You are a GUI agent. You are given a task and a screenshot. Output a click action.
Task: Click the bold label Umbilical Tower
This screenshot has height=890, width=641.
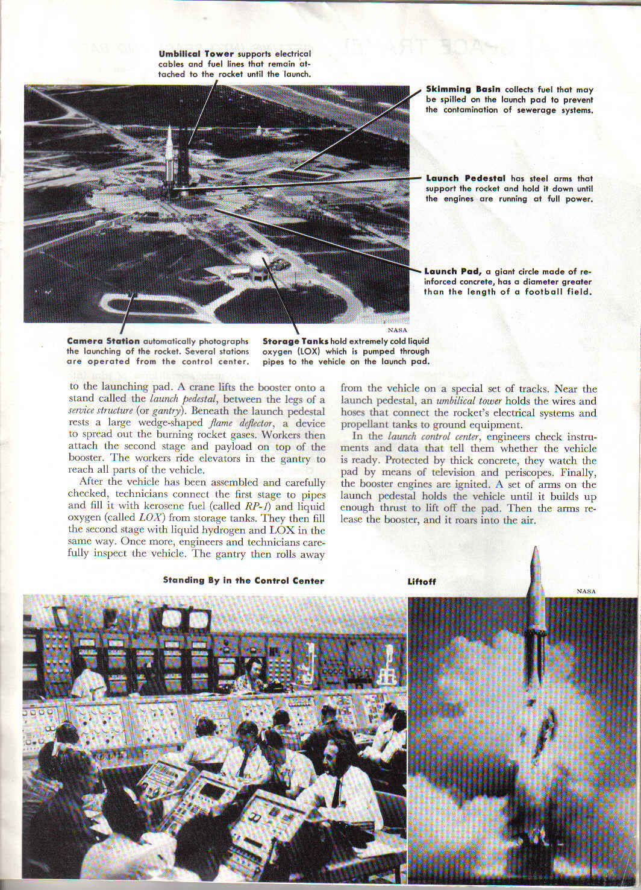(x=196, y=54)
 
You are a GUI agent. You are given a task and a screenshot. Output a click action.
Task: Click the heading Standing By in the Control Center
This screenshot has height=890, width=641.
(x=243, y=581)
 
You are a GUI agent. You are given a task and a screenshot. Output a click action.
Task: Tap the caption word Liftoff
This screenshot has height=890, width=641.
(x=422, y=582)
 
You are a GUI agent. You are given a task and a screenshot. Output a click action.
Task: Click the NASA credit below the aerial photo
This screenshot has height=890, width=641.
(x=398, y=330)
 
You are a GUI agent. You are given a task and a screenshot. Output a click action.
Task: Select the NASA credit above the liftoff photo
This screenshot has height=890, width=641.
(x=586, y=592)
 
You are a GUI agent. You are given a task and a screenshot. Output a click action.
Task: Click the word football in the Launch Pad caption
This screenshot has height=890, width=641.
(x=549, y=292)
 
